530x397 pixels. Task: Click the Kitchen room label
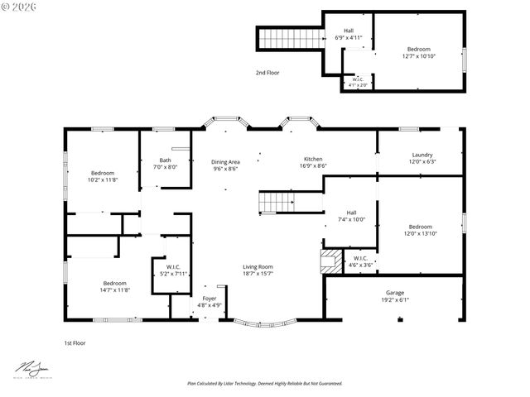pos(312,159)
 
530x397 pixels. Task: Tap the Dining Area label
pos(225,162)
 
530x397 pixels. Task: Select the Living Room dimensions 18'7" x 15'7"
pos(258,274)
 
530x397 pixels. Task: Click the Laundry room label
pos(422,155)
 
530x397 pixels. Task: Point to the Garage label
pos(394,293)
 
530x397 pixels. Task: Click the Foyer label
pos(210,298)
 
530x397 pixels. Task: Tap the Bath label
pos(166,160)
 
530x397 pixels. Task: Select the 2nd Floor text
pos(267,73)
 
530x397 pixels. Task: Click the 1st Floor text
pos(75,342)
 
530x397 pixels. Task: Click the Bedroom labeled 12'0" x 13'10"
pos(420,227)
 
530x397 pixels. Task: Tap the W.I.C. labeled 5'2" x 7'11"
pos(172,267)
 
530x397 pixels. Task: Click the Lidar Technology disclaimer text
pos(264,384)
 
